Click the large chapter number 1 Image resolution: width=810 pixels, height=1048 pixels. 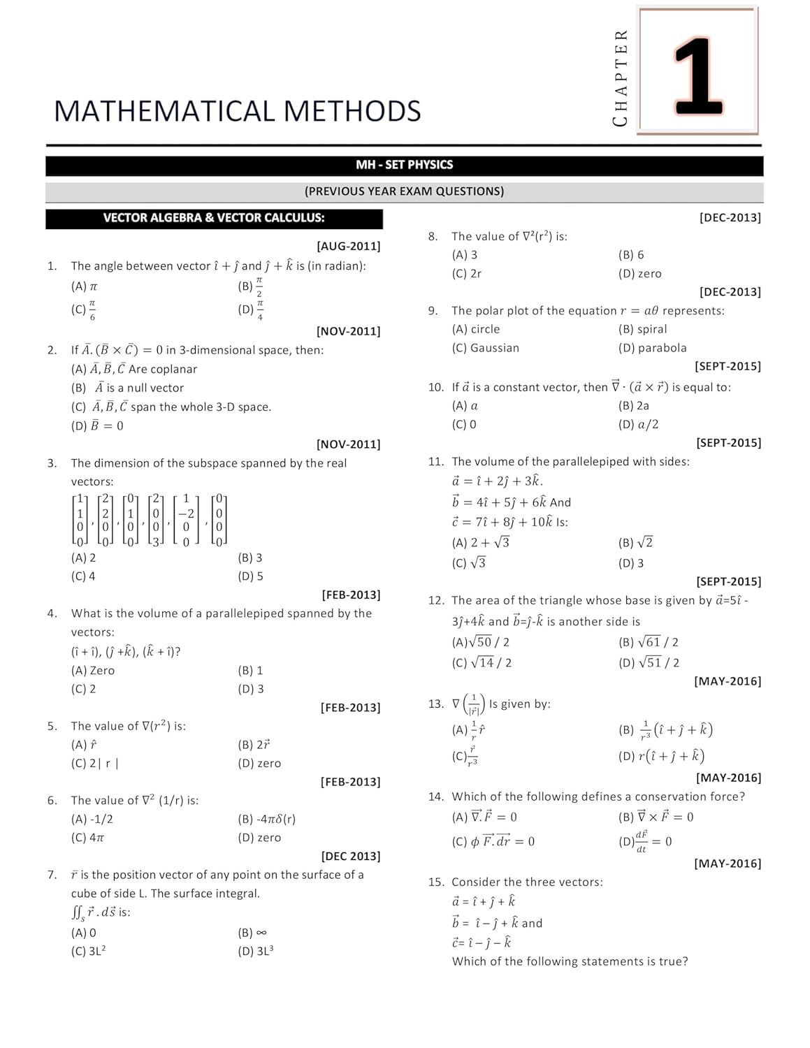click(x=697, y=75)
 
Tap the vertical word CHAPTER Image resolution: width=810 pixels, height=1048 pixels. click(x=620, y=78)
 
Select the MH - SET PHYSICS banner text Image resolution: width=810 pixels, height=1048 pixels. click(x=404, y=165)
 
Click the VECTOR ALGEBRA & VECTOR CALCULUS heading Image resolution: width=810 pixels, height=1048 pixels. click(x=214, y=218)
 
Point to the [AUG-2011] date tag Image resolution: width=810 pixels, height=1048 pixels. click(x=348, y=246)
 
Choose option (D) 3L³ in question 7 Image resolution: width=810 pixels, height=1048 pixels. click(x=256, y=951)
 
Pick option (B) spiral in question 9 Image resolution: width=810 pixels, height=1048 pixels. click(x=642, y=329)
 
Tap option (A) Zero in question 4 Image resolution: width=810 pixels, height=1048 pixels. click(x=93, y=671)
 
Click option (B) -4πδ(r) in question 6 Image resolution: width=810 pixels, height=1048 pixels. click(x=266, y=819)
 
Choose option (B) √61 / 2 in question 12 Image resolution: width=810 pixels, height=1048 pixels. click(x=648, y=642)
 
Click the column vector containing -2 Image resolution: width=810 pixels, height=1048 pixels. click(x=186, y=521)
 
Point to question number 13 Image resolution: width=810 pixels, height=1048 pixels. click(x=435, y=704)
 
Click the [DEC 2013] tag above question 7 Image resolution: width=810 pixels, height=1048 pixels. click(x=350, y=857)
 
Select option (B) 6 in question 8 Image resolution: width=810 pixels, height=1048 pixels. click(x=631, y=255)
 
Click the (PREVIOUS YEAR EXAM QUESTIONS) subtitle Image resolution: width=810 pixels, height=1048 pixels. click(x=404, y=191)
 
